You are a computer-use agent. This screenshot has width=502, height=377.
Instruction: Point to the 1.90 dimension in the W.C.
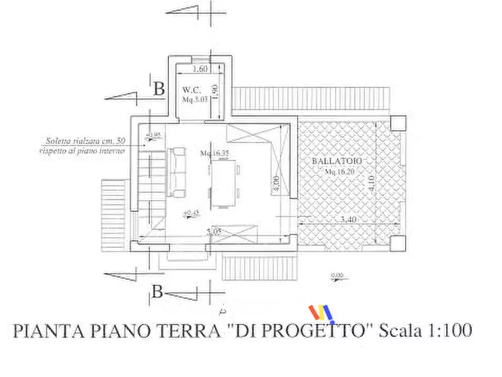click(x=214, y=90)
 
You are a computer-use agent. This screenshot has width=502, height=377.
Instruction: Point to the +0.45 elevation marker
click(x=192, y=212)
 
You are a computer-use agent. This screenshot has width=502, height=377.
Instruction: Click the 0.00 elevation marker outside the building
click(x=338, y=276)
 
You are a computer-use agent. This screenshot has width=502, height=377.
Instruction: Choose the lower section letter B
click(x=159, y=292)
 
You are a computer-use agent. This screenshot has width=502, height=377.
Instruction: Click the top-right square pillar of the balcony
click(x=397, y=123)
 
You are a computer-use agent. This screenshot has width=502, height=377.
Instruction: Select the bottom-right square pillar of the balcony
click(x=397, y=244)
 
